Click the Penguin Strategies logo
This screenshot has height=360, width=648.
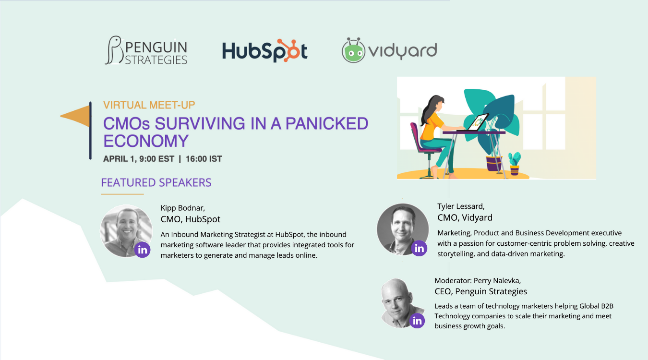(146, 50)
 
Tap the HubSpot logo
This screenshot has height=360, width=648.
(264, 50)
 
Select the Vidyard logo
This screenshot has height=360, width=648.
(389, 50)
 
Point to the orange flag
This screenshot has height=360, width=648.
(76, 116)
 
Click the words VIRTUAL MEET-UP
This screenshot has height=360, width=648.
(149, 105)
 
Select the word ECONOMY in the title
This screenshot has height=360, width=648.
(146, 141)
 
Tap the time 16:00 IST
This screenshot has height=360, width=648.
(204, 159)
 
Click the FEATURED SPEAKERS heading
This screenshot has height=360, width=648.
(156, 182)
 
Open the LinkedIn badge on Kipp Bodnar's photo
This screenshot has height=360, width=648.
(143, 250)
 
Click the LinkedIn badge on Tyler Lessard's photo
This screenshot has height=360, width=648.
(419, 248)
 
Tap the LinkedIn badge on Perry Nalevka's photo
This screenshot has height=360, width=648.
(417, 320)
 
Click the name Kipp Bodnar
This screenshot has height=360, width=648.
(182, 208)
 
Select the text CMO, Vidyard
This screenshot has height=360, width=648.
(465, 217)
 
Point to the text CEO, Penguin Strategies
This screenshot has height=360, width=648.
(480, 291)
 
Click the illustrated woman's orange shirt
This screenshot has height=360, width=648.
(432, 127)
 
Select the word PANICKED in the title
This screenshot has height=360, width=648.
(326, 123)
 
